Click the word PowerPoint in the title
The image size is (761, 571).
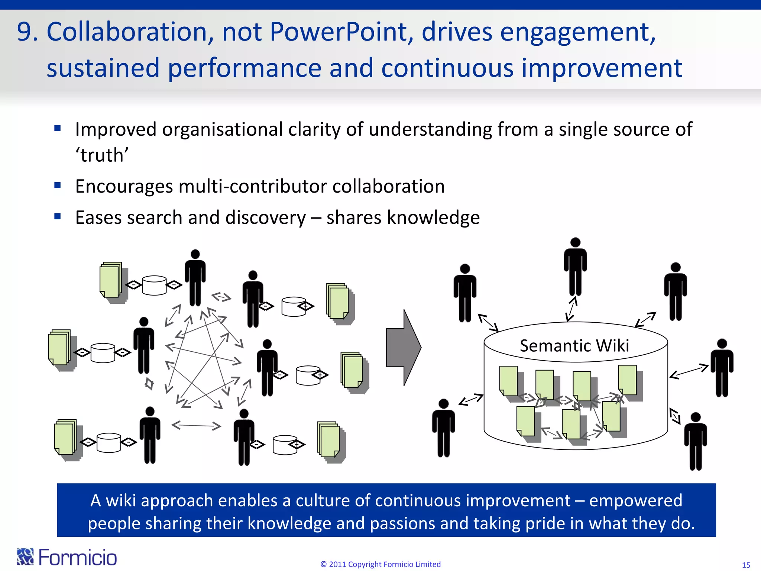341,32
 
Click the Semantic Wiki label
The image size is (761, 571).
574,346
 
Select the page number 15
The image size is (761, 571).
746,565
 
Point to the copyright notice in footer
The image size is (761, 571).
380,564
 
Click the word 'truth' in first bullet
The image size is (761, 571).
102,155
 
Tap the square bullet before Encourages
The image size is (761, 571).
58,185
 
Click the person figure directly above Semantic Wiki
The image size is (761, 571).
575,267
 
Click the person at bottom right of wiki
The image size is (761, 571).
695,441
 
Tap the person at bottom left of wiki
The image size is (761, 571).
443,428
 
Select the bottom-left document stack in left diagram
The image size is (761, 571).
66,439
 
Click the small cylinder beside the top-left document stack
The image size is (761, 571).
154,285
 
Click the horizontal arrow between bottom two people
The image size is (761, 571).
196,425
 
